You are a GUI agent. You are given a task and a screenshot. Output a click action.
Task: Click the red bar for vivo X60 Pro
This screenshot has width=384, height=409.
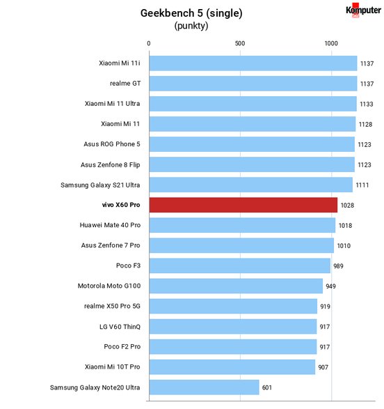[243, 205]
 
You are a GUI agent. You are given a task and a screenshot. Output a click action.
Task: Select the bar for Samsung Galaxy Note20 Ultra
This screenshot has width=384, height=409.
[204, 387]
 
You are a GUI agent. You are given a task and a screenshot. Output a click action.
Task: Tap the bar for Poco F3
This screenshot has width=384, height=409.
[240, 265]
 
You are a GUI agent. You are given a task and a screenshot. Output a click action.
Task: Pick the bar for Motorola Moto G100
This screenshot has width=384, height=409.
[236, 286]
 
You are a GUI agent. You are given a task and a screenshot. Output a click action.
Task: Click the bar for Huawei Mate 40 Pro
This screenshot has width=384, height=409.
[242, 225]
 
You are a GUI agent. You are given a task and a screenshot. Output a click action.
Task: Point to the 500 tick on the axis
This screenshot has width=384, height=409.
[240, 43]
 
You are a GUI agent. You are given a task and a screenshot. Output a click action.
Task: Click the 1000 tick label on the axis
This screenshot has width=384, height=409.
[331, 43]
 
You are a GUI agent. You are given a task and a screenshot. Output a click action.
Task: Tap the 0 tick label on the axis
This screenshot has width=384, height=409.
[149, 43]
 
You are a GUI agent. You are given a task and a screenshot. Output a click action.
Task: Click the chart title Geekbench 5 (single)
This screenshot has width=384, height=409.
[191, 13]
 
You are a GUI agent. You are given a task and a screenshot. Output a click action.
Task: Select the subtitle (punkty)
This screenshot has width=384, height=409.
[191, 26]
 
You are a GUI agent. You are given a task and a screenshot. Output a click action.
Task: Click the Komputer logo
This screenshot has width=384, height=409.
[363, 10]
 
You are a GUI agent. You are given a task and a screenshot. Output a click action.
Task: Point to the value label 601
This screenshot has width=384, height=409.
[267, 387]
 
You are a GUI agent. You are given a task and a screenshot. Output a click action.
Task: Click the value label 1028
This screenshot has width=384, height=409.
[347, 206]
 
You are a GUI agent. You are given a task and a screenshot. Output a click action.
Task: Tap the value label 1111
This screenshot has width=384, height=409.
[362, 185]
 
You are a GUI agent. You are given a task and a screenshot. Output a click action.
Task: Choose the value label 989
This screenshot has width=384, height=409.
[338, 266]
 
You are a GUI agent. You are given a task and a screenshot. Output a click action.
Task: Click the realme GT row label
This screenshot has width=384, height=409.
[125, 84]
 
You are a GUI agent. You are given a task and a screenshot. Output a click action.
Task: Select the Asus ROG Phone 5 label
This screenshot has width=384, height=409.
[112, 144]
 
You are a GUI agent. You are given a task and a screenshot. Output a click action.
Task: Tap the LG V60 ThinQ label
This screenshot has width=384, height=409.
[120, 327]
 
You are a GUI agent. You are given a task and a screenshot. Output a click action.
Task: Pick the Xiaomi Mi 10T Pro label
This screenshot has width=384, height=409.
[113, 367]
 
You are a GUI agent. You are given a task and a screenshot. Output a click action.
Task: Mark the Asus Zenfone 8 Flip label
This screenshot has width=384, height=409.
[111, 165]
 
